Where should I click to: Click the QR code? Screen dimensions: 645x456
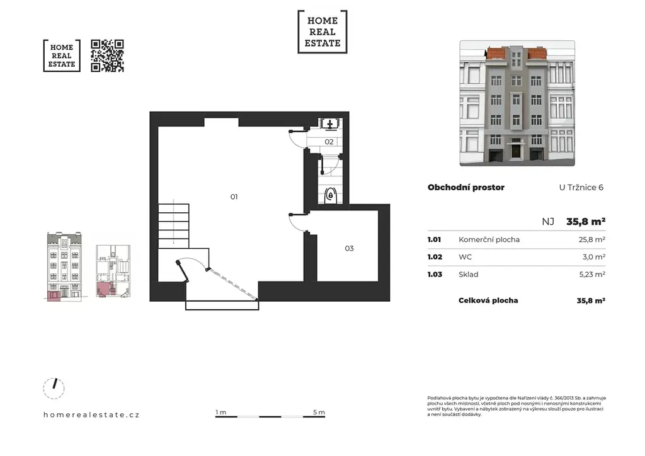point(107,56)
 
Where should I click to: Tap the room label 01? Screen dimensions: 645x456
point(234,197)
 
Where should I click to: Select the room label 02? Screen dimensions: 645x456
point(329,142)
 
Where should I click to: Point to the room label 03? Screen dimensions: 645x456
point(349,248)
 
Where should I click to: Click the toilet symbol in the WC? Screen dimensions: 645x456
point(331,196)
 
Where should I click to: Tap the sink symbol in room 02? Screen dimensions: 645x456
point(330,123)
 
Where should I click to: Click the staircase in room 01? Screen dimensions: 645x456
point(174,225)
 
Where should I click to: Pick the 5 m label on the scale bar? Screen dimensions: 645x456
point(319,412)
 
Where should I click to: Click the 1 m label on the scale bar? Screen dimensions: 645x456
point(221,412)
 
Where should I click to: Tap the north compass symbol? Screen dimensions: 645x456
point(54,388)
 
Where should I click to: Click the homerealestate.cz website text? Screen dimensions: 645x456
point(91,414)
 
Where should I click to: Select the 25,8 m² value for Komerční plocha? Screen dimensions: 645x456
point(592,239)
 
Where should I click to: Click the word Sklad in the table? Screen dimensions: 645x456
point(469,274)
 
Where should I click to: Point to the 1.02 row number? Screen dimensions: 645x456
point(435,257)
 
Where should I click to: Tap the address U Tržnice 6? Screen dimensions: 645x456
point(581,188)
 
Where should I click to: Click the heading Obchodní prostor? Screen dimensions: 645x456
point(466,188)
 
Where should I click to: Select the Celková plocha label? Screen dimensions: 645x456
point(488,300)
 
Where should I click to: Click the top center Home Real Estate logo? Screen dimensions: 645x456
point(322,31)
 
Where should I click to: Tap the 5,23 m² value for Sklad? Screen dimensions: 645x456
point(592,274)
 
